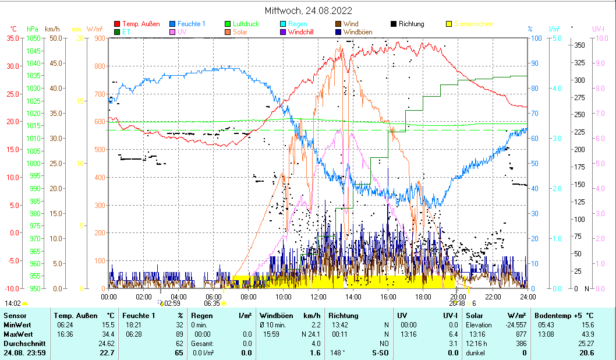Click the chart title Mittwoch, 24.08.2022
tap(308, 10)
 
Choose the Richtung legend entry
tap(411, 24)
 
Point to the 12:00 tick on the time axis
tap(318, 297)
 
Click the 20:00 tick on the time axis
tap(458, 297)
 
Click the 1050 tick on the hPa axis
tap(33, 38)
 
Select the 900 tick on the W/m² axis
tap(99, 38)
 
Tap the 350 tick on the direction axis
tap(579, 45)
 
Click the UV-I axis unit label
tap(598, 29)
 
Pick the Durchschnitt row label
tap(22, 343)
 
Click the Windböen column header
tap(276, 315)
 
